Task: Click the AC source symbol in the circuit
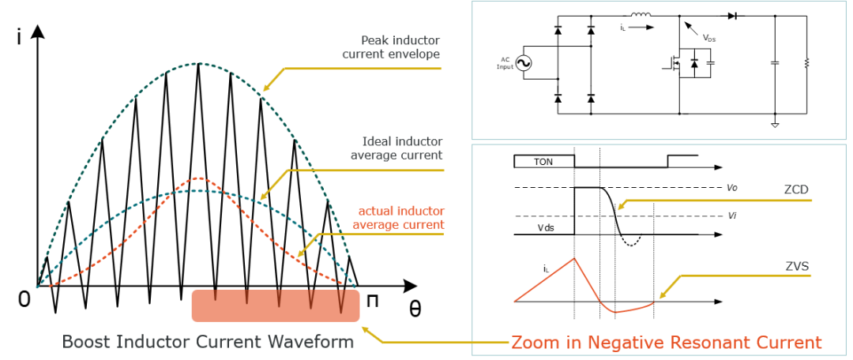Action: pos(524,64)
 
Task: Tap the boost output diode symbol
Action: pos(731,16)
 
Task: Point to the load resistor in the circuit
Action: pos(806,64)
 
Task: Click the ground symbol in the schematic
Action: pos(775,125)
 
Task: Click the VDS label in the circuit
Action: pos(708,38)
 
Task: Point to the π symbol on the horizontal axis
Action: pos(372,302)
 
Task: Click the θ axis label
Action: pos(415,309)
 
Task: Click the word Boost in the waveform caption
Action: pos(83,343)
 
